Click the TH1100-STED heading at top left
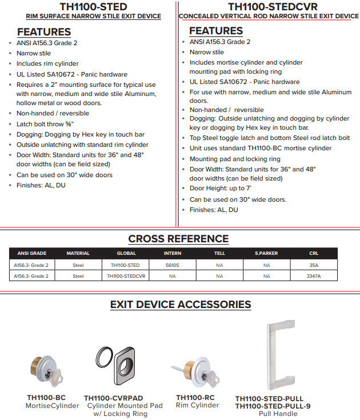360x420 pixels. (x=93, y=6)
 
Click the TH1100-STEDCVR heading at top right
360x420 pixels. (x=269, y=6)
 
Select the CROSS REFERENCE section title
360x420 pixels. (x=178, y=239)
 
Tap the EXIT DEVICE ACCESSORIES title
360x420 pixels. (x=180, y=305)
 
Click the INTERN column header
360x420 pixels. (x=173, y=253)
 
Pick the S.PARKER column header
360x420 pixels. (x=266, y=253)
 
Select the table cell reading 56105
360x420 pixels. (x=173, y=265)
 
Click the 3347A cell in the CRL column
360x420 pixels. (x=314, y=276)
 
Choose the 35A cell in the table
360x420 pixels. (x=314, y=265)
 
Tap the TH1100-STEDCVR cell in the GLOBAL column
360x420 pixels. (x=126, y=276)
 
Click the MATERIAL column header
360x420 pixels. (x=78, y=253)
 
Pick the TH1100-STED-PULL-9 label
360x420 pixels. (x=273, y=406)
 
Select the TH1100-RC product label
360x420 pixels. (x=195, y=398)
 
